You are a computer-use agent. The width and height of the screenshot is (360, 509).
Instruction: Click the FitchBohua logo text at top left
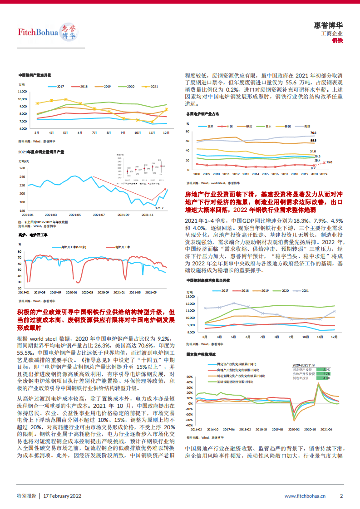38,32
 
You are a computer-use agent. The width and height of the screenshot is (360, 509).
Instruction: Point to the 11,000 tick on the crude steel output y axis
22,92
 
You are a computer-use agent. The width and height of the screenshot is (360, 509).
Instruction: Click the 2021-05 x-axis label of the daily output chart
75,215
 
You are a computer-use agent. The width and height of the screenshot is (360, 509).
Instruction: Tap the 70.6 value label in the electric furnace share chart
313,133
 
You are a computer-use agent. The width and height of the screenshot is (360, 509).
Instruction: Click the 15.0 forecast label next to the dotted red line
329,162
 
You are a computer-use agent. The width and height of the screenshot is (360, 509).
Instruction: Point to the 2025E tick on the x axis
324,173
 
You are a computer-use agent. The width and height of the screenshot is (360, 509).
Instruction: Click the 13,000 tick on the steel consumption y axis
191,297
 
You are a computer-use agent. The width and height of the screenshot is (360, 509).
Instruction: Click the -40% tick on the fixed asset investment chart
189,425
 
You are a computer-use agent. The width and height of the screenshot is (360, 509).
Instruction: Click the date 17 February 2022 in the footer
62,496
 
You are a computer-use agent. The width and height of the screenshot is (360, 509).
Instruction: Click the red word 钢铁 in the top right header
337,40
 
